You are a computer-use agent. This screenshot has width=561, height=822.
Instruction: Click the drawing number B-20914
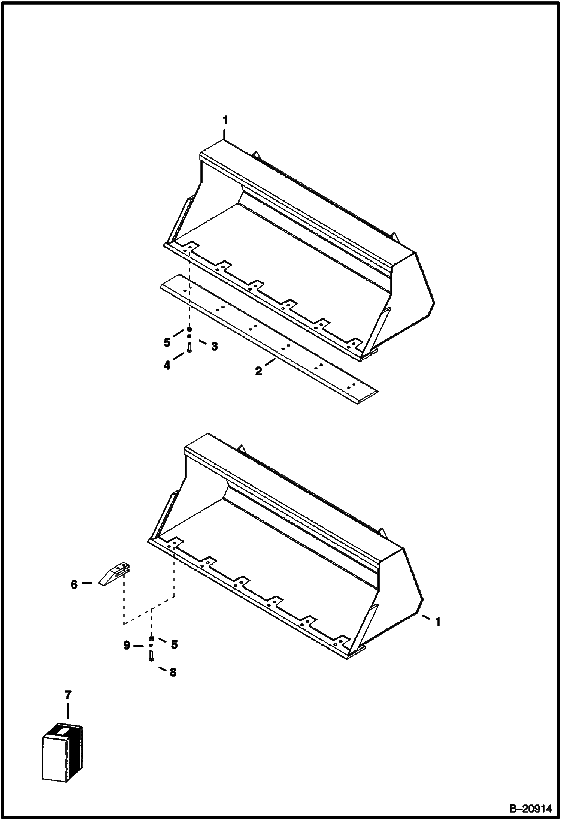(531, 809)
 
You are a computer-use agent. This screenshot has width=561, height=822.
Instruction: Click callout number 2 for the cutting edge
(259, 372)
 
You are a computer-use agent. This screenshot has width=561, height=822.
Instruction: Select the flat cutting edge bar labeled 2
(269, 340)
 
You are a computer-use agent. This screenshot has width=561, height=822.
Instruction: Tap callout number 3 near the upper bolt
(214, 347)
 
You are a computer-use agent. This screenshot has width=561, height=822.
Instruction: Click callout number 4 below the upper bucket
(167, 365)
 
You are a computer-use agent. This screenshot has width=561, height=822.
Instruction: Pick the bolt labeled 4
(189, 348)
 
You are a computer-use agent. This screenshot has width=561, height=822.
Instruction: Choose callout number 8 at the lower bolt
(173, 672)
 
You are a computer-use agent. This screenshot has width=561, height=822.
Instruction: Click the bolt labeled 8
(151, 655)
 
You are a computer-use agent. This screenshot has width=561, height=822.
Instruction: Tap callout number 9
(127, 645)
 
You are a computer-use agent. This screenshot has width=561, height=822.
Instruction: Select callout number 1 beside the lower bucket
(437, 622)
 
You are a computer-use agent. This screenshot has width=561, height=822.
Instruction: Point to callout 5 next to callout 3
(167, 342)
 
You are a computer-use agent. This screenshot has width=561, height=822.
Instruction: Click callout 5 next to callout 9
(174, 644)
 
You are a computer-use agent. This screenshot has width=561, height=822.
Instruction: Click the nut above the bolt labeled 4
(189, 329)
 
